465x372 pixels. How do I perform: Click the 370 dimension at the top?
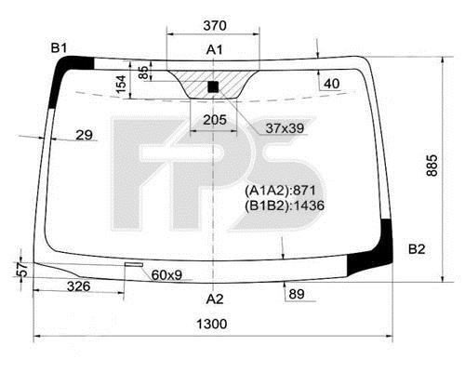[215, 25]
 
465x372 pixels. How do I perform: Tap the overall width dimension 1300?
[212, 324]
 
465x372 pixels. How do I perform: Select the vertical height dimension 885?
[432, 166]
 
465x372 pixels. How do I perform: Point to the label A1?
[215, 49]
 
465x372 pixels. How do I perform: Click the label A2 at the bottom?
[215, 299]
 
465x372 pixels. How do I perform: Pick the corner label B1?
[59, 48]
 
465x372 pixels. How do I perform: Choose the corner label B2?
[417, 249]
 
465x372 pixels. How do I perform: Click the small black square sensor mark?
[213, 86]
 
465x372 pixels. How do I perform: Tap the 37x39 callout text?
[285, 128]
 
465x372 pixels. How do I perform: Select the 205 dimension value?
[215, 120]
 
